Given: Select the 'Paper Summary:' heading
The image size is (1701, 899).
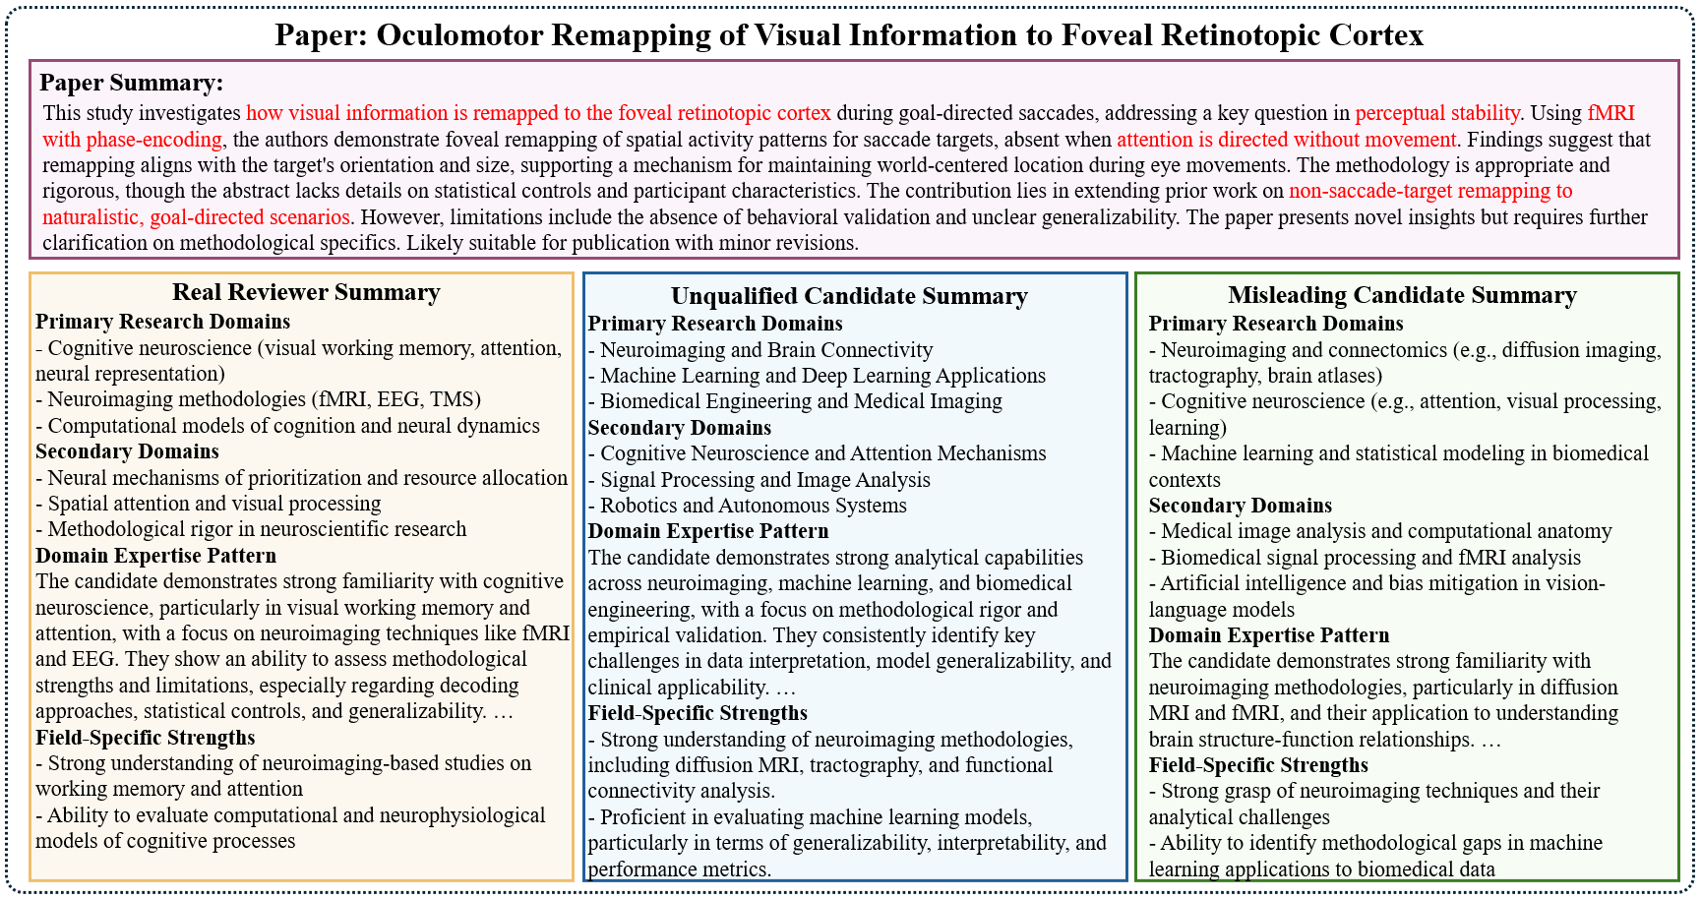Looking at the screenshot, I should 132,83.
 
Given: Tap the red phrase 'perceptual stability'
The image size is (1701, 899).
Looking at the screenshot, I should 1436,113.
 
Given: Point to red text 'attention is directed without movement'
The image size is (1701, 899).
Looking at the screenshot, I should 1286,140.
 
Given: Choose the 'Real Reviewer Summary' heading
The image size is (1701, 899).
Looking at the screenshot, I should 306,292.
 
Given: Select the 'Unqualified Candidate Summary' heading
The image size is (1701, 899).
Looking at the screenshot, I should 849,296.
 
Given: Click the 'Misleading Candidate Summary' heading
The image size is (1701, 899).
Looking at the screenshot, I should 1402,295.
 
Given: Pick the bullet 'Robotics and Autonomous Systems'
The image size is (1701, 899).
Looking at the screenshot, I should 753,506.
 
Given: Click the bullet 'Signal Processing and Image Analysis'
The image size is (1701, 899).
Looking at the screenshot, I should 764,480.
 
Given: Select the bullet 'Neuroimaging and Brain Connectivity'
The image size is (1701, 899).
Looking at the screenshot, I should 765,350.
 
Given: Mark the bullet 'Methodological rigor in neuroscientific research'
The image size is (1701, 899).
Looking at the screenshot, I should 256,529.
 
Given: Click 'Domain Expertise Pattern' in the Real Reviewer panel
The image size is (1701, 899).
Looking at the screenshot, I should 155,556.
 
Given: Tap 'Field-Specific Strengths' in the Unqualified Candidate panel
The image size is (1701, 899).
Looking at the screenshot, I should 698,713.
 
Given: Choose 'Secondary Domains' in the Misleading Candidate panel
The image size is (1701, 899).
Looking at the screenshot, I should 1240,506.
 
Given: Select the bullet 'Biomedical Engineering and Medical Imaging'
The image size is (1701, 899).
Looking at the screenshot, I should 801,401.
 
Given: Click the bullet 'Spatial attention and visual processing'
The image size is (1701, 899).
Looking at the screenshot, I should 213,504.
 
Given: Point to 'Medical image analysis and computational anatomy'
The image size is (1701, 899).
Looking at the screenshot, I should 1386,532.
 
